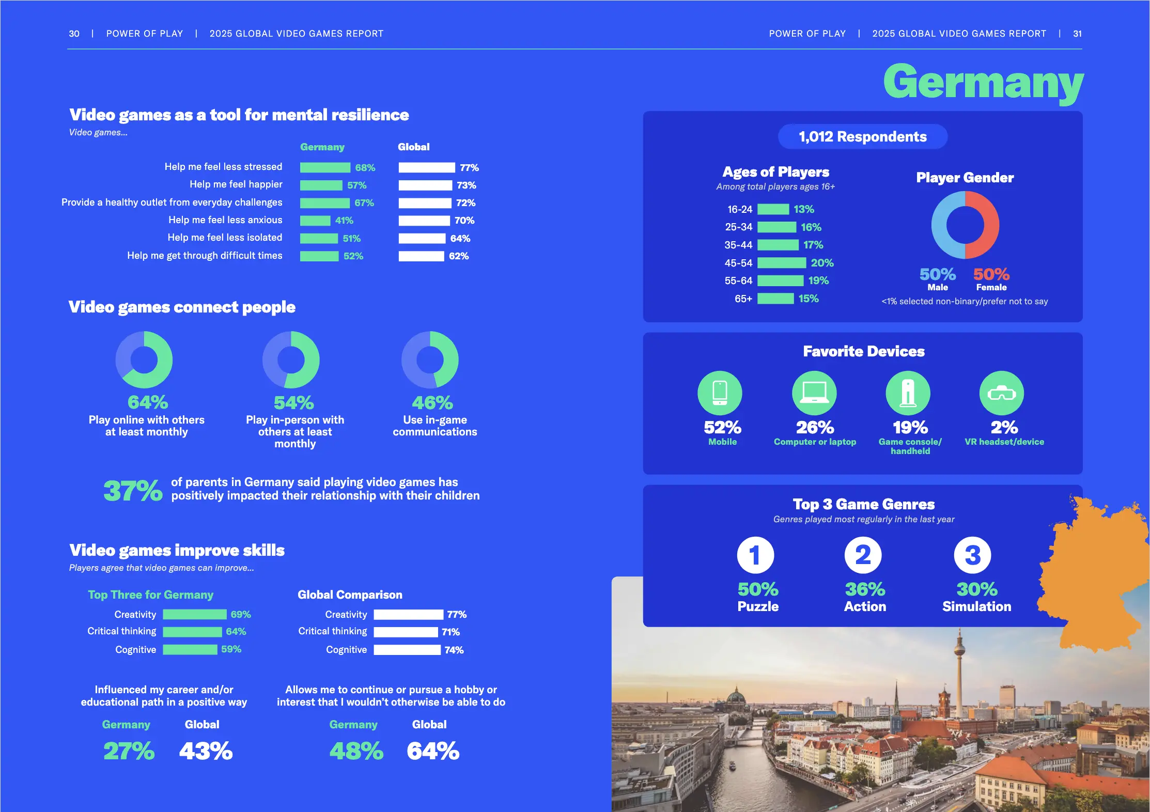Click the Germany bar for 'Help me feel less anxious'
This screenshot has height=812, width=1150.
coord(315,221)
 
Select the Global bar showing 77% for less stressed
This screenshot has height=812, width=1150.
coord(426,167)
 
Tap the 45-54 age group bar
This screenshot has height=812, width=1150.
coord(781,263)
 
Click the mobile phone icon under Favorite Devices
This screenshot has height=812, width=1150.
coord(720,393)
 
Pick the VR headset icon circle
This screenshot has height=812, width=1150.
coord(1001,393)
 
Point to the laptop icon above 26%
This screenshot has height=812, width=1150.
coord(814,393)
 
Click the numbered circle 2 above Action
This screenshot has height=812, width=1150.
coord(863,555)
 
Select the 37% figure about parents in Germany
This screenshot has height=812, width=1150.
coord(133,490)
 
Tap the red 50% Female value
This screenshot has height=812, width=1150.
coord(991,274)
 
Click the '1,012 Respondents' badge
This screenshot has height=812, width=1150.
coord(862,137)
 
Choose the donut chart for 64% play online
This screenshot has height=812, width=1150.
coord(144,360)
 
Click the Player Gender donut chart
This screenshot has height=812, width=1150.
coord(965,225)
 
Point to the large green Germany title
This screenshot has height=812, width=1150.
coord(983,83)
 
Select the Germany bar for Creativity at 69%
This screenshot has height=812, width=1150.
coord(195,614)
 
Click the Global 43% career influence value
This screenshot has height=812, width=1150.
coord(206,751)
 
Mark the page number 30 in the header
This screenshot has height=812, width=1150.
coord(74,34)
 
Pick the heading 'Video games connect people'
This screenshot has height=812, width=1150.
coord(182,307)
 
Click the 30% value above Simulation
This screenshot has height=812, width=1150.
coord(976,589)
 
